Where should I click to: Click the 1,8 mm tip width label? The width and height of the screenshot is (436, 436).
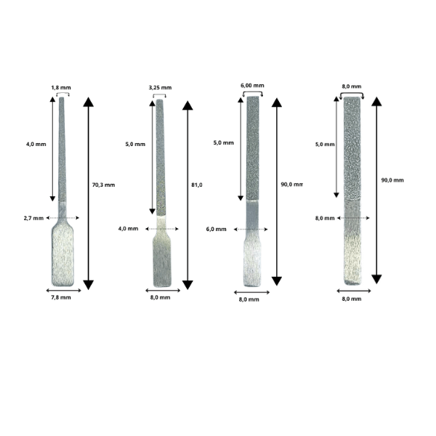[x=61, y=88]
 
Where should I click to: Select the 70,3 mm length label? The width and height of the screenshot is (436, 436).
[x=103, y=185]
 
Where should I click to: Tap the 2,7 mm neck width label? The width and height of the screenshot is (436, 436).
[x=33, y=218]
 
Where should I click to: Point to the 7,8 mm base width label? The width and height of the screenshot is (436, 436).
[x=61, y=297]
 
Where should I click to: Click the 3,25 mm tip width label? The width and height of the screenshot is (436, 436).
[x=160, y=88]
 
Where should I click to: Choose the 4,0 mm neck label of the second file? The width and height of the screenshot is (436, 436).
[x=128, y=229]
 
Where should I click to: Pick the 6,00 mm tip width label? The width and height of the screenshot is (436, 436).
[x=252, y=85]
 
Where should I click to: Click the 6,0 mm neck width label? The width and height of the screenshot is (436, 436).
[x=217, y=229]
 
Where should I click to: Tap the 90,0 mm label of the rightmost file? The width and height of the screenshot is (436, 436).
[x=392, y=180]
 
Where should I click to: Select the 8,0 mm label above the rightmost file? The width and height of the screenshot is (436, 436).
[x=352, y=86]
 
